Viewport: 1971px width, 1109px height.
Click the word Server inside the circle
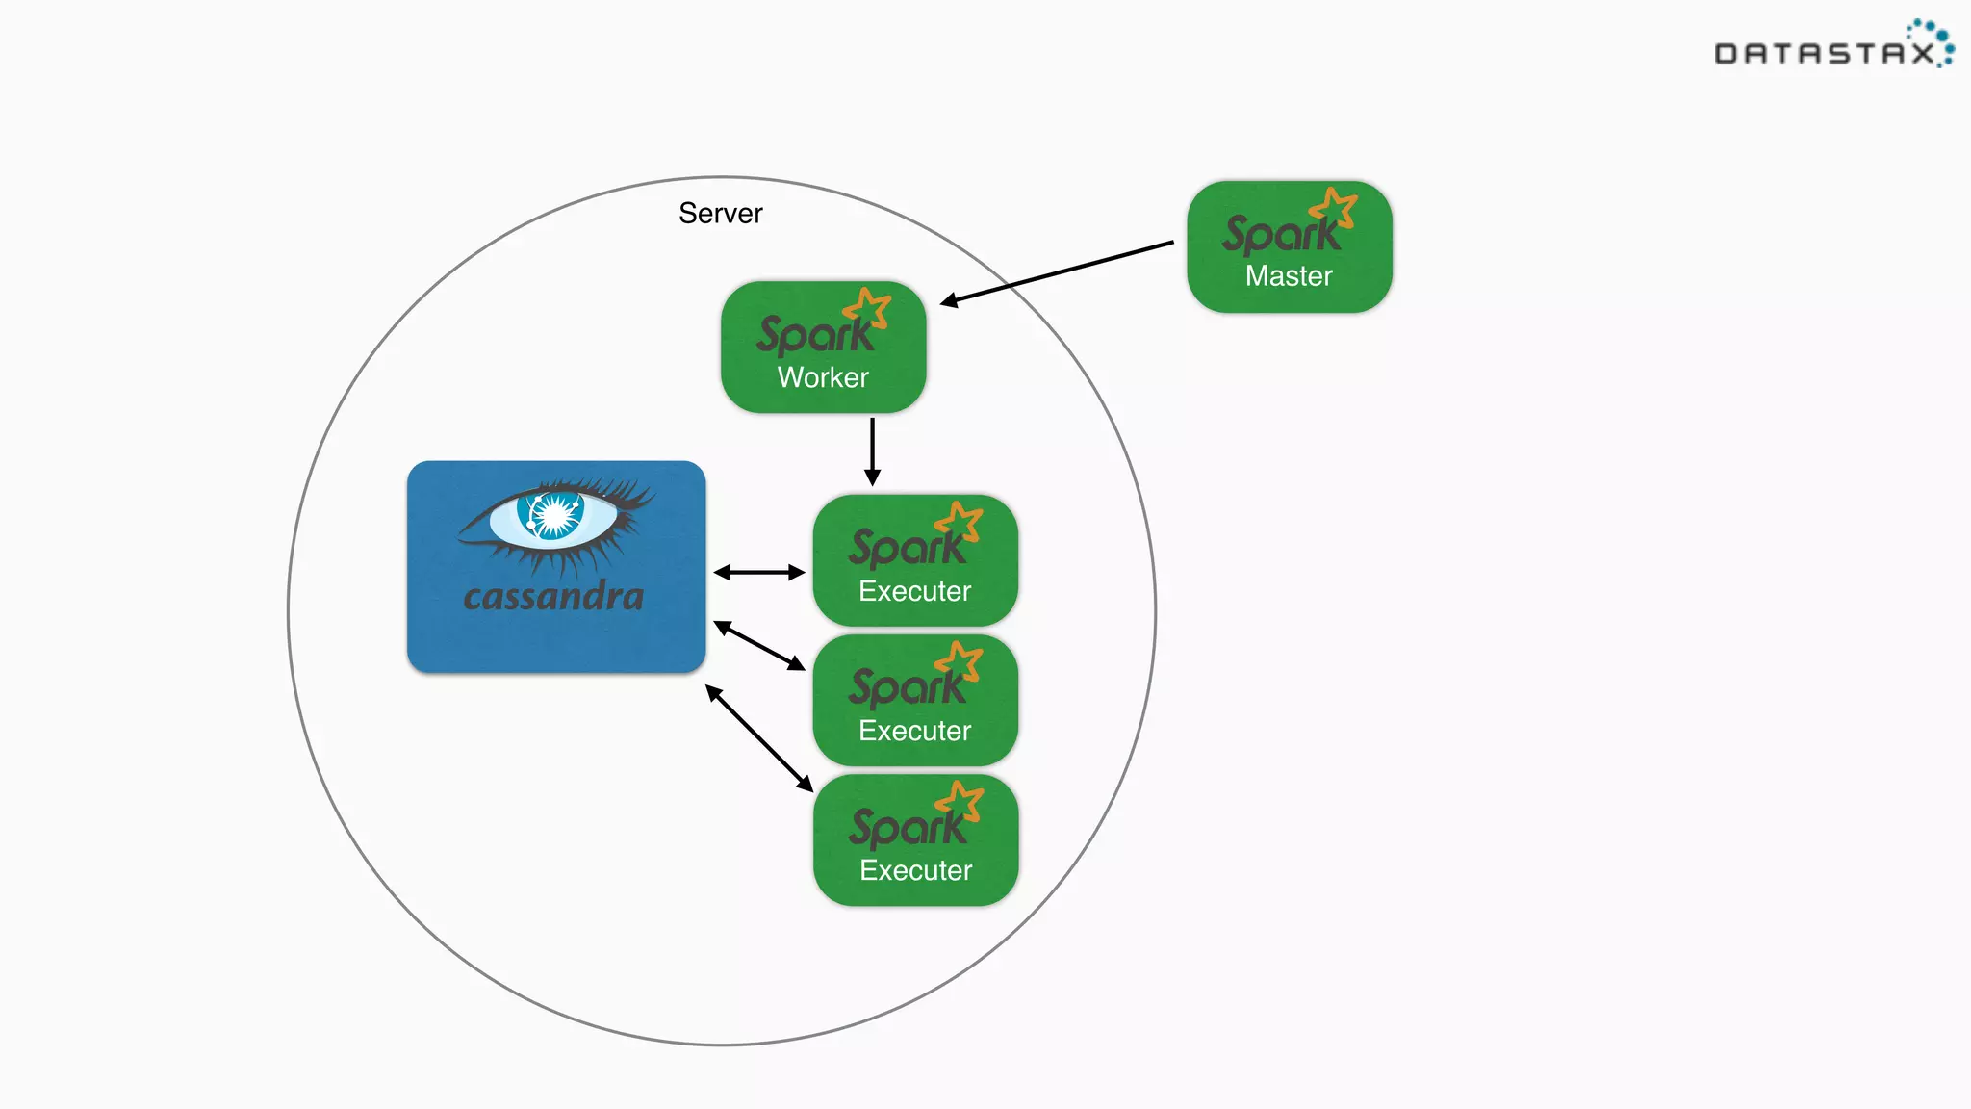click(x=720, y=213)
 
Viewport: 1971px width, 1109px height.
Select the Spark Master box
click(x=1289, y=247)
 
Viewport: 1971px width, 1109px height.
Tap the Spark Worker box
click(x=823, y=348)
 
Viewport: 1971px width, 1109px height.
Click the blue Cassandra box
click(x=556, y=567)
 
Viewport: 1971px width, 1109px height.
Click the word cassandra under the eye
click(x=553, y=597)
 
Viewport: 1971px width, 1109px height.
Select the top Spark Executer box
click(x=915, y=561)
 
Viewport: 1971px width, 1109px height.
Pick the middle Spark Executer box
click(x=915, y=701)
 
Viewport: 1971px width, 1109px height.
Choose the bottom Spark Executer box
click(x=915, y=840)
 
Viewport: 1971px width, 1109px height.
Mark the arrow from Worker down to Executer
click(x=872, y=451)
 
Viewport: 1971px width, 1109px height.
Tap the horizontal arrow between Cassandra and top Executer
click(x=759, y=573)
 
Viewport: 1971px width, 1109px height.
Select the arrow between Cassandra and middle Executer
click(x=759, y=646)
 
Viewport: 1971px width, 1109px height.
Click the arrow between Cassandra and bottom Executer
click(x=759, y=738)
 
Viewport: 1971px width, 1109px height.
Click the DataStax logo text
click(x=1825, y=54)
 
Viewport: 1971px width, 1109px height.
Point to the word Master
click(x=1289, y=276)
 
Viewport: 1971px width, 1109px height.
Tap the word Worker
click(x=823, y=377)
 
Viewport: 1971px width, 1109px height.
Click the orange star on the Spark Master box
click(x=1334, y=208)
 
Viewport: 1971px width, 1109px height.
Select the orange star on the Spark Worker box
click(x=868, y=308)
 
